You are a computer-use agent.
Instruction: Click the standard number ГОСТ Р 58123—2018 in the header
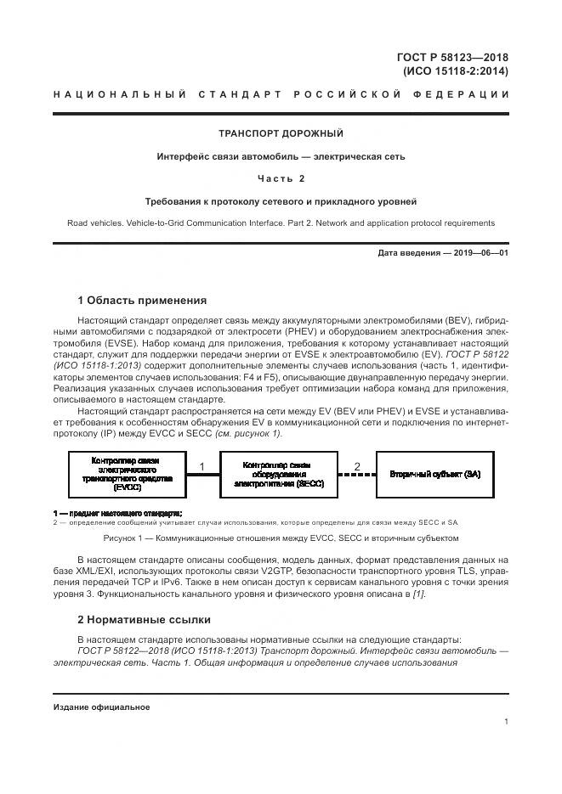pyautogui.click(x=452, y=57)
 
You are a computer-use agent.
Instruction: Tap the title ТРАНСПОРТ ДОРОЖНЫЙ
pyautogui.click(x=281, y=134)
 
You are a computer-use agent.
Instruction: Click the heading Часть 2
pyautogui.click(x=281, y=178)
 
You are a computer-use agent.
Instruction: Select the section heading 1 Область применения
pyautogui.click(x=142, y=300)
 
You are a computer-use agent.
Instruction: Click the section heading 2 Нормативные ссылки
pyautogui.click(x=145, y=620)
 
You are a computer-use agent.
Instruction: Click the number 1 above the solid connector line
pyautogui.click(x=202, y=466)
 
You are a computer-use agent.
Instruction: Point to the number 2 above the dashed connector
pyautogui.click(x=356, y=466)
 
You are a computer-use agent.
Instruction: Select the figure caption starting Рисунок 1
pyautogui.click(x=281, y=538)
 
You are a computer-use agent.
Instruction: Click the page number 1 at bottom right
pyautogui.click(x=506, y=721)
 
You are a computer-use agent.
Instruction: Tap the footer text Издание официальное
pyautogui.click(x=101, y=707)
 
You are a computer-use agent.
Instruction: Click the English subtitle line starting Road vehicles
pyautogui.click(x=281, y=223)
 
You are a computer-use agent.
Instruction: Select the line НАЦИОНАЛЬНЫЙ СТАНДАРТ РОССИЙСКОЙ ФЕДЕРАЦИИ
pyautogui.click(x=281, y=95)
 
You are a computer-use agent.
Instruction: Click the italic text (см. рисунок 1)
pyautogui.click(x=252, y=433)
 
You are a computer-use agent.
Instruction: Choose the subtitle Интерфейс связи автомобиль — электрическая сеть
pyautogui.click(x=281, y=156)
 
